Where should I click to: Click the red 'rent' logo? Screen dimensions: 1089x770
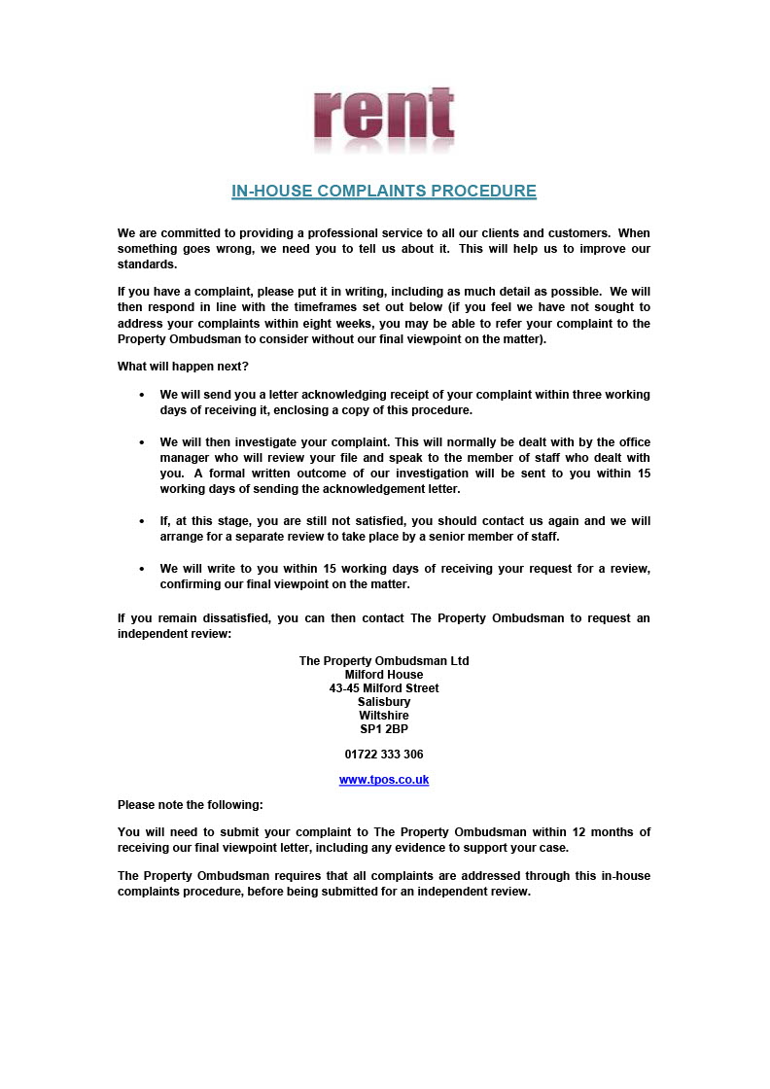(384, 120)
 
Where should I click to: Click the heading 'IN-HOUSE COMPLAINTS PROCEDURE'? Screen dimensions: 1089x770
(384, 191)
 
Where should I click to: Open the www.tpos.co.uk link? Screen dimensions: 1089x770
(384, 780)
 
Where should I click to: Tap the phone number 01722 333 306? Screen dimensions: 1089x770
(384, 755)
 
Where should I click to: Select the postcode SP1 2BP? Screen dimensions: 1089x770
(384, 729)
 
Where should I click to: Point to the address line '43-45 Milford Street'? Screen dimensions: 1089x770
(384, 688)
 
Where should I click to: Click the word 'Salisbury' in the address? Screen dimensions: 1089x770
(384, 702)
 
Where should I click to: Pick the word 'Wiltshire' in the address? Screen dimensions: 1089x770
(384, 716)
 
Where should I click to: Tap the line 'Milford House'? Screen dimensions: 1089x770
(384, 675)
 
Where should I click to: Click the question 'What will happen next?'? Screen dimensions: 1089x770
(177, 366)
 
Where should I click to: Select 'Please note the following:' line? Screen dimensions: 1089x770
(191, 805)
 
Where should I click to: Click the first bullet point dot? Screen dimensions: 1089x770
(142, 396)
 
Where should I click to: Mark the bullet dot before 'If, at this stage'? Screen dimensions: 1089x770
(142, 522)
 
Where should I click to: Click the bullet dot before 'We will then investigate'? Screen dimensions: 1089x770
(142, 442)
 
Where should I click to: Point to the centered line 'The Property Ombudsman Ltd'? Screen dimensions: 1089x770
(384, 661)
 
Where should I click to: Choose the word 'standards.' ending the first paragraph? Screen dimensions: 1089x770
(148, 264)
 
